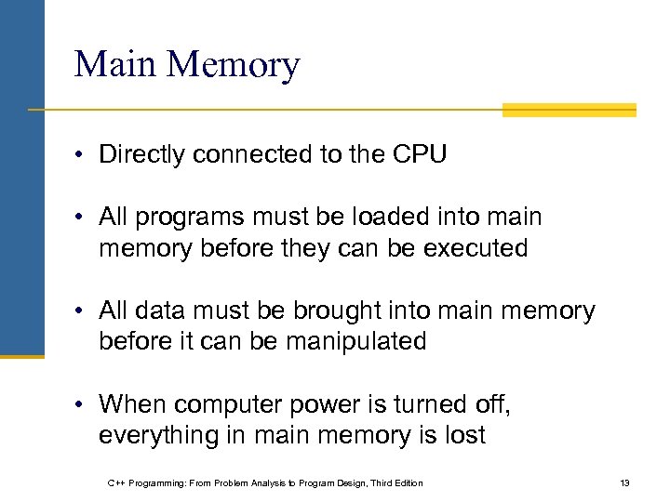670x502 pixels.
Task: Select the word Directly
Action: coord(141,154)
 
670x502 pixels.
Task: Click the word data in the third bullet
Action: coord(158,310)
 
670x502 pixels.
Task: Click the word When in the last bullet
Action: coord(132,404)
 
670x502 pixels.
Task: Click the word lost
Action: coord(465,435)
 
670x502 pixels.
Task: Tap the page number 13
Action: coord(624,482)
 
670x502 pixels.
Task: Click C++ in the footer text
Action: coord(117,482)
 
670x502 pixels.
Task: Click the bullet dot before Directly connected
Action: coord(82,155)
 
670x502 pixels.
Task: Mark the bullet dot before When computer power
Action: coord(82,405)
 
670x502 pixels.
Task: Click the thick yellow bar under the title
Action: coord(569,111)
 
